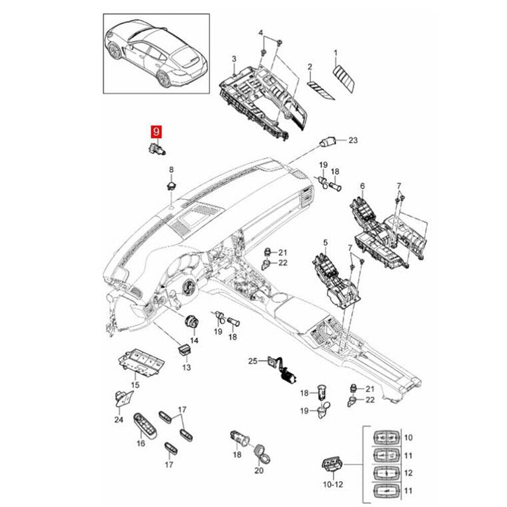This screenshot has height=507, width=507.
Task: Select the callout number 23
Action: point(354,140)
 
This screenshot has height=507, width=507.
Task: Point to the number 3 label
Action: point(234,59)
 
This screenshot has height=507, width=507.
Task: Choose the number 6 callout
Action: point(363,186)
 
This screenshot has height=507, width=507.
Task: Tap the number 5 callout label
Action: point(326,242)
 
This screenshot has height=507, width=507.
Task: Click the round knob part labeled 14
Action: point(191,321)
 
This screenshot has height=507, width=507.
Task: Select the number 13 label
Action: point(186,368)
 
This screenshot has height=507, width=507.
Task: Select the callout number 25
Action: point(252,361)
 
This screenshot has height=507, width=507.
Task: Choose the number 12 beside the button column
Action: point(408,473)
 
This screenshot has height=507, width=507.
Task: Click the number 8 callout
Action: point(170,169)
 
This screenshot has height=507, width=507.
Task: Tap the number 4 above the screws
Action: point(260,32)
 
